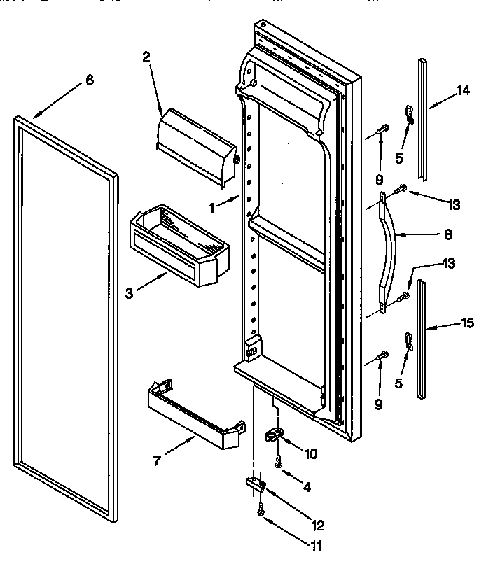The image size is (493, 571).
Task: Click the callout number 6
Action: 88,80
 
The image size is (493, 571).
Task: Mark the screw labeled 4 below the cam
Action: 279,463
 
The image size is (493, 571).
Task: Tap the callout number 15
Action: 467,323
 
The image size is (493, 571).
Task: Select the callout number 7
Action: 158,460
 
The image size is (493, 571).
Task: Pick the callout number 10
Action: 310,454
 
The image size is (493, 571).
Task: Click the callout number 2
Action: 146,57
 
